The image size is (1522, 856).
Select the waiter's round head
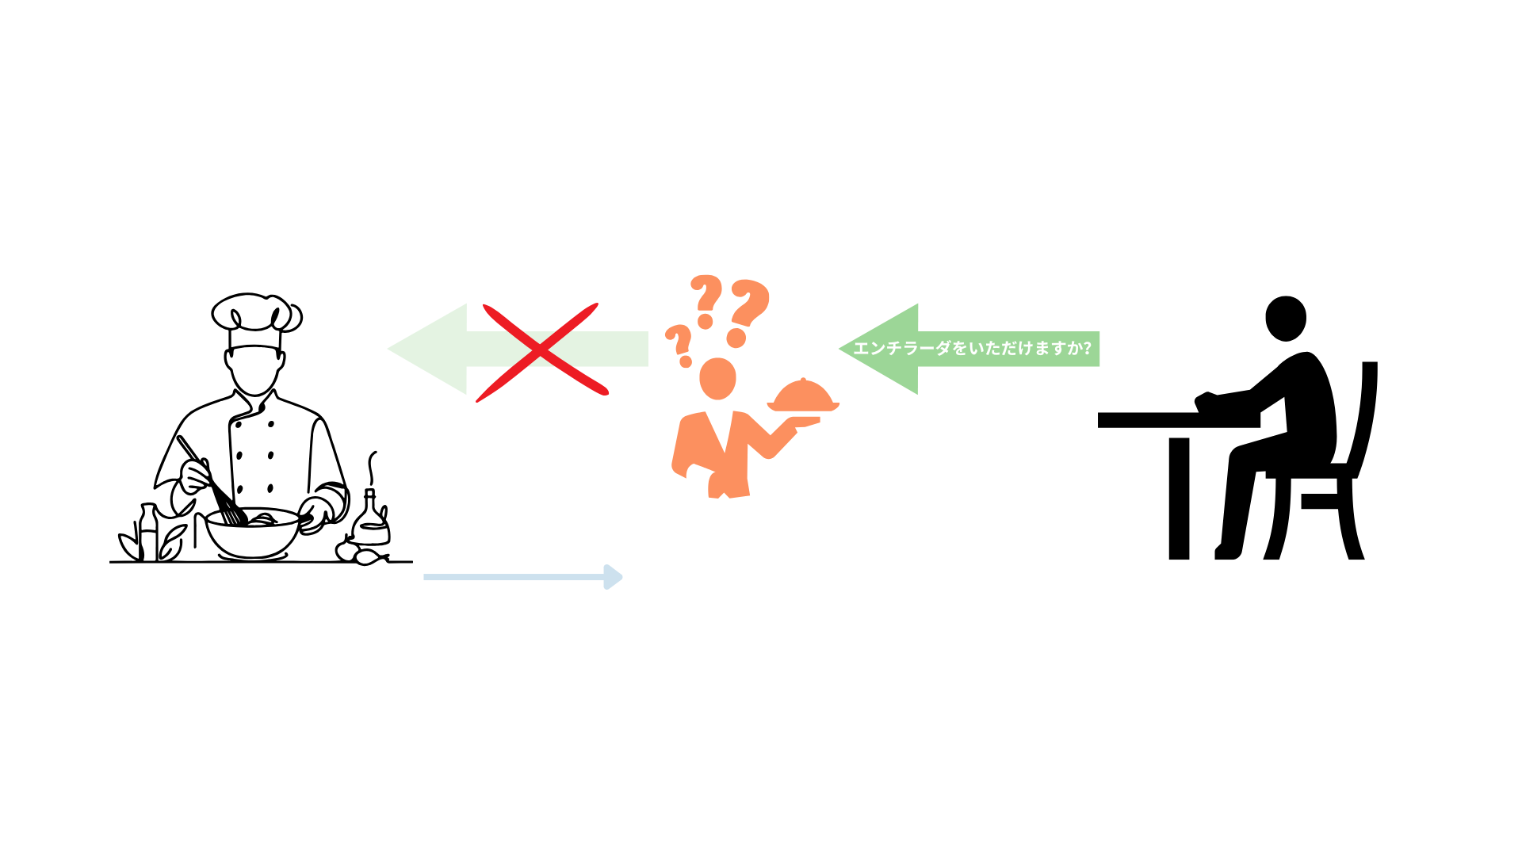coord(717,378)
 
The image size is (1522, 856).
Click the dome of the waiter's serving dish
coord(803,394)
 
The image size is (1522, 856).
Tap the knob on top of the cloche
coord(803,380)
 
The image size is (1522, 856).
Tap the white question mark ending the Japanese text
coord(1087,349)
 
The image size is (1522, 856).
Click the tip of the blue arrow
coord(620,577)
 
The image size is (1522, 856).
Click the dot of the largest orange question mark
coord(736,338)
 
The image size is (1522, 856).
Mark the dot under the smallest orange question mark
coord(686,362)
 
